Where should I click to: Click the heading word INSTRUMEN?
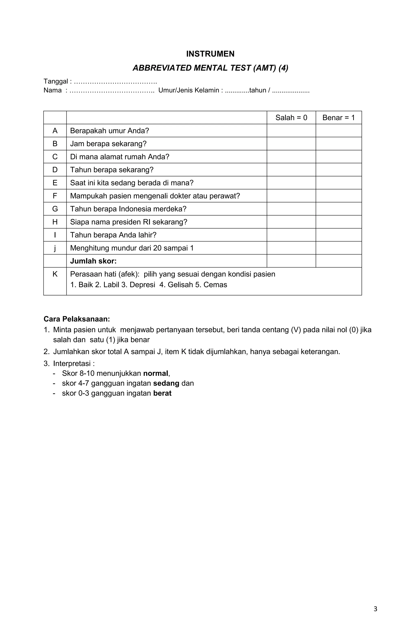pos(210,54)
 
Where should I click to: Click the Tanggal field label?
pos(56,81)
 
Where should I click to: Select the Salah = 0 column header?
pos(291,118)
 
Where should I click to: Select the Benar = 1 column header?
pos(338,118)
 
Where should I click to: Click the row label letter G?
pos(55,209)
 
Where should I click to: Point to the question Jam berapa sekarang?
pos(108,144)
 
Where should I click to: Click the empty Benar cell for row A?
pos(338,131)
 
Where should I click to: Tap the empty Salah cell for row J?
pos(291,248)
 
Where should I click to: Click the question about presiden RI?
pos(129,222)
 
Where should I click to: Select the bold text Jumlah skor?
pos(93,261)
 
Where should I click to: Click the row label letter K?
pos(55,274)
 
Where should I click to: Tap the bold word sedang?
pos(166,383)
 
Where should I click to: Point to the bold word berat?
pos(162,393)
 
